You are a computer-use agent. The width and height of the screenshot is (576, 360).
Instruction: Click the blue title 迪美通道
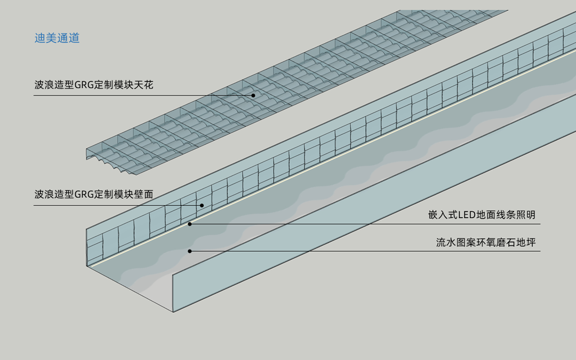click(57, 38)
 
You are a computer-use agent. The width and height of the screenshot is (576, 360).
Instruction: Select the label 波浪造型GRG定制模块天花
click(94, 85)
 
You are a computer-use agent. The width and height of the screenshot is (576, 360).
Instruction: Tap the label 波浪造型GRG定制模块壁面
click(94, 194)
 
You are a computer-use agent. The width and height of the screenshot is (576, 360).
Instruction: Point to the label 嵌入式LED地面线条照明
click(482, 214)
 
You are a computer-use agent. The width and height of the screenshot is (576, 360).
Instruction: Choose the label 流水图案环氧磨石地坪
click(486, 243)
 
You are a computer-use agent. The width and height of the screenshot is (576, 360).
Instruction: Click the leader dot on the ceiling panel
click(253, 95)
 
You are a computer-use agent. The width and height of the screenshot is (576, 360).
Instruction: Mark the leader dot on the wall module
click(202, 205)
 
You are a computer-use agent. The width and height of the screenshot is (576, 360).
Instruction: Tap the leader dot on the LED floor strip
click(189, 223)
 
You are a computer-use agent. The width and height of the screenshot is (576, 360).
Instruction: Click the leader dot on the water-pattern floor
click(189, 251)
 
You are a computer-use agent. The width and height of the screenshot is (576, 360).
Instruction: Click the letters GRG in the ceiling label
click(84, 85)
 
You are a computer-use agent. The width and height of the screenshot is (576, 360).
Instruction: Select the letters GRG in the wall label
click(84, 194)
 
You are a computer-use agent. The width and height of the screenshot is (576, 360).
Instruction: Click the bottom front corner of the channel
click(173, 312)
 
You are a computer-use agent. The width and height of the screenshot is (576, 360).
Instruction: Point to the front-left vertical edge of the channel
click(87, 247)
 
